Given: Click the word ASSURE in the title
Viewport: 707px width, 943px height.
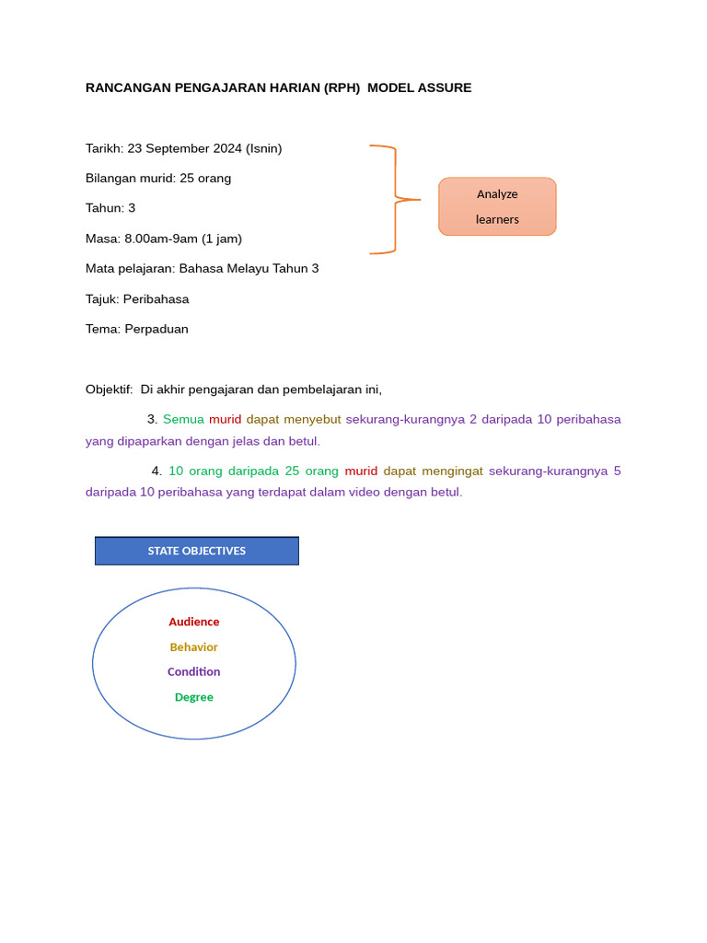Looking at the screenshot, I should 442,88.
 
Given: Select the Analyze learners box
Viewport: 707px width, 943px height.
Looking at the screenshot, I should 497,206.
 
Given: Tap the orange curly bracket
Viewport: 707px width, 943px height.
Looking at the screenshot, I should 394,199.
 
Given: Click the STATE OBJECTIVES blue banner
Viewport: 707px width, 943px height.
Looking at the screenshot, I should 197,551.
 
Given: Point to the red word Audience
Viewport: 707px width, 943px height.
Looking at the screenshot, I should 194,622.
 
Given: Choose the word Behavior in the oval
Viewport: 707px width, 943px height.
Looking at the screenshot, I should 194,647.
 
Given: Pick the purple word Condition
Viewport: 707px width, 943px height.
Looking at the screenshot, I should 194,672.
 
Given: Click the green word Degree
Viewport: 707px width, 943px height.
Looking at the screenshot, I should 194,697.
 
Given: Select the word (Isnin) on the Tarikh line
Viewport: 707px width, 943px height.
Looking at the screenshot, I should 264,148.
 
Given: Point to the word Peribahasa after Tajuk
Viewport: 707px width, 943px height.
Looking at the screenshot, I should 156,299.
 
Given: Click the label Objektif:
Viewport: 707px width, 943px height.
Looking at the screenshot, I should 110,390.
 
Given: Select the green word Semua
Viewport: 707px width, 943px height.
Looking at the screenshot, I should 183,420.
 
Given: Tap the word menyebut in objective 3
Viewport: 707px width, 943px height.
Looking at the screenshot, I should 312,420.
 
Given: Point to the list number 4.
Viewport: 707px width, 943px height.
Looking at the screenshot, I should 156,471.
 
